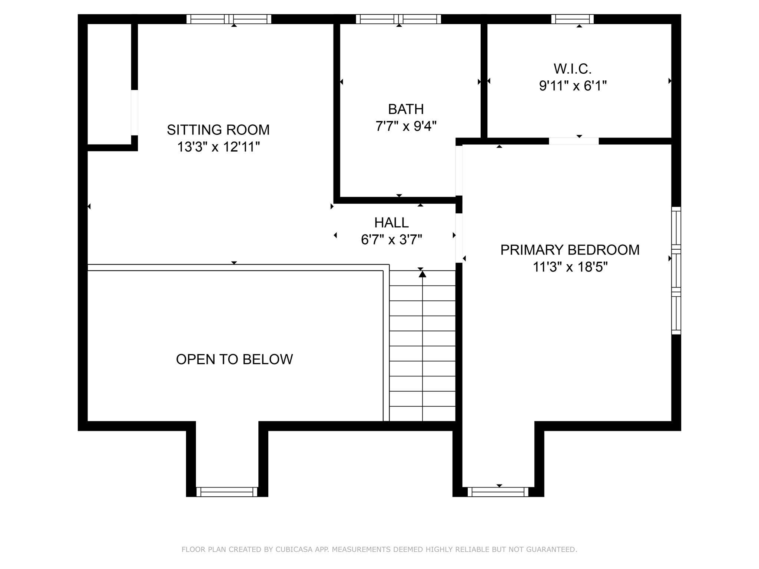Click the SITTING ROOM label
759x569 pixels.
click(x=218, y=130)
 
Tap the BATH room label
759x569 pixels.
click(x=406, y=109)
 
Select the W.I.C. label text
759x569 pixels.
click(x=573, y=69)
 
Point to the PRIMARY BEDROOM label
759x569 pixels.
click(x=570, y=250)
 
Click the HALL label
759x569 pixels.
click(x=391, y=223)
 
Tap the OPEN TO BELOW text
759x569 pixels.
click(x=234, y=359)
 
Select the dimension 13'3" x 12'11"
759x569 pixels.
click(x=218, y=147)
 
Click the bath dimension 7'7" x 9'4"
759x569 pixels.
click(x=406, y=126)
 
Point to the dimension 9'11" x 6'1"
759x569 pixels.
click(x=573, y=86)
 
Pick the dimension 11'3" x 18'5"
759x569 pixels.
click(x=570, y=267)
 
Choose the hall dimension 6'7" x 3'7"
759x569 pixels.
click(x=391, y=240)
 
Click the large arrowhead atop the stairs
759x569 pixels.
click(x=422, y=274)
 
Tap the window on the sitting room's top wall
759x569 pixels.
click(x=229, y=19)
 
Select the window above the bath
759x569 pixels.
click(x=398, y=19)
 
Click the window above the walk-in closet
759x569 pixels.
click(x=572, y=19)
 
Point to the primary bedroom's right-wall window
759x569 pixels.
click(x=676, y=271)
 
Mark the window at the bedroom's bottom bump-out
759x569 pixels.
click(x=498, y=492)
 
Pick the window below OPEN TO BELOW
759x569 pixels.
click(x=226, y=492)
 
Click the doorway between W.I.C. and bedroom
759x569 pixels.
click(x=573, y=141)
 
